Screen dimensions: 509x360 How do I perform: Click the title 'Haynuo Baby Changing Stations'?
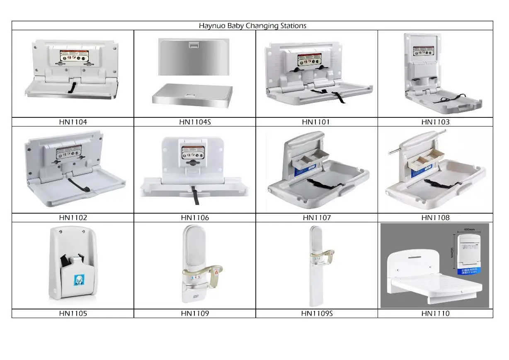(252, 26)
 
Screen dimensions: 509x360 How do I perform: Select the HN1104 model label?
(73, 122)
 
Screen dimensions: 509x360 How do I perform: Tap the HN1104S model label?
(195, 122)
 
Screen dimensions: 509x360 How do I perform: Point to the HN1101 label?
(316, 122)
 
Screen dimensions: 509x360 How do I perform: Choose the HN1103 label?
(435, 122)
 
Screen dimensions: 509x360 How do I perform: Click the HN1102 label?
(73, 218)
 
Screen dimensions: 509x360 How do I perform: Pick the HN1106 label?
(195, 218)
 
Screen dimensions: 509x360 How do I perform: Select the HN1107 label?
(316, 218)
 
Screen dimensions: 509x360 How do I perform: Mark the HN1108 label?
(435, 218)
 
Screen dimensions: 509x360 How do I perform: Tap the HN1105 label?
(73, 314)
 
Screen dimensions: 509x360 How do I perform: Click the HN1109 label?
(195, 314)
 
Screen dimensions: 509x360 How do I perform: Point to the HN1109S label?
(317, 314)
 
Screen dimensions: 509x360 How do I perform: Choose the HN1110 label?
(435, 314)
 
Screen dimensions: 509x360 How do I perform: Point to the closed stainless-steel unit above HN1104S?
(194, 57)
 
